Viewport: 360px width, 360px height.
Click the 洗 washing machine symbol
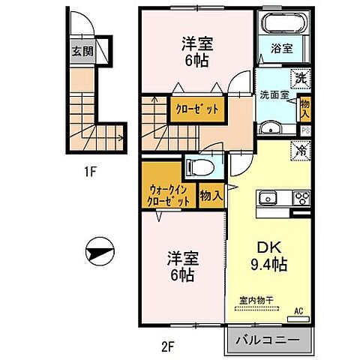tap(300, 77)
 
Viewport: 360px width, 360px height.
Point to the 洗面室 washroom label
tap(274, 95)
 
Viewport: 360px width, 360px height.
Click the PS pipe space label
tap(306, 129)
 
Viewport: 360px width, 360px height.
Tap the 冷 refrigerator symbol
tap(300, 150)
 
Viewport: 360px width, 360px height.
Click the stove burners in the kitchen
tap(301, 199)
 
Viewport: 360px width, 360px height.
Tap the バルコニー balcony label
tap(268, 340)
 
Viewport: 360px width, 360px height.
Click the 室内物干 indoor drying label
tap(256, 300)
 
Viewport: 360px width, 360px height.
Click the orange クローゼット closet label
tap(197, 109)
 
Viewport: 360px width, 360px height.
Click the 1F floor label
tap(89, 171)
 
